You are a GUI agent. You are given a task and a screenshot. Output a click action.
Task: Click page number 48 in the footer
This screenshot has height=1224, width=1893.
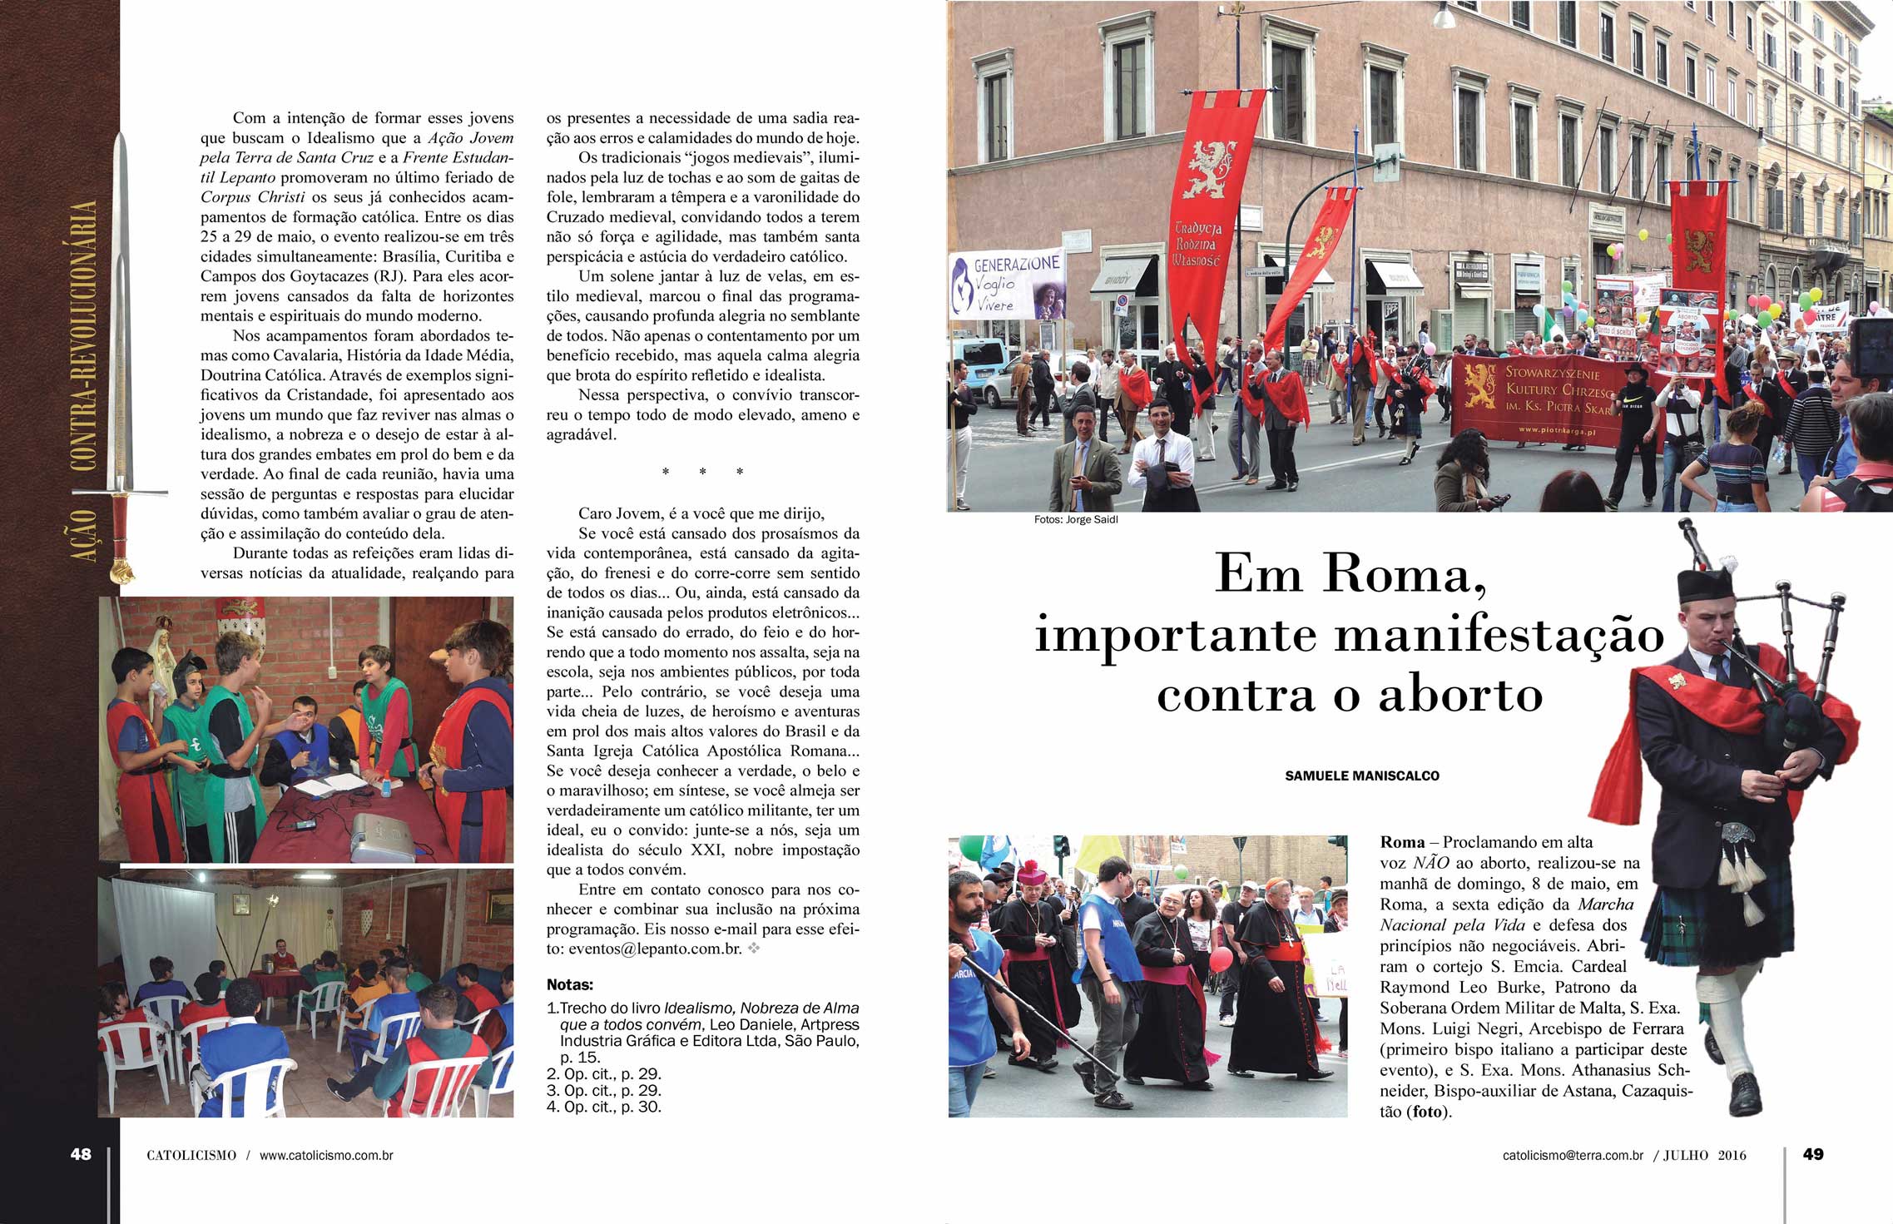(x=81, y=1154)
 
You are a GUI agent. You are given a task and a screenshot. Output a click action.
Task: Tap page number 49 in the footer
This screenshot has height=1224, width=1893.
(x=1812, y=1154)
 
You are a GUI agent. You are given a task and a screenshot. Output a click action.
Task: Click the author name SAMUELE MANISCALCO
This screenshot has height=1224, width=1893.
(x=1362, y=776)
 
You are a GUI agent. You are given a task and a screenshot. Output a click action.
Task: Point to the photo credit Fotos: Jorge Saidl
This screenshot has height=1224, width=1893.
(x=1076, y=519)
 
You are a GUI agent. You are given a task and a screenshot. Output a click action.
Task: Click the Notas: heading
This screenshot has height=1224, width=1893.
(x=569, y=984)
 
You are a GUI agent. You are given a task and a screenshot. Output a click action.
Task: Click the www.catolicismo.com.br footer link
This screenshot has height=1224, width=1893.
(x=326, y=1155)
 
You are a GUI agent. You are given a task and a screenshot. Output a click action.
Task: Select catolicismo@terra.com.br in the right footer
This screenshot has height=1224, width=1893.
(x=1573, y=1155)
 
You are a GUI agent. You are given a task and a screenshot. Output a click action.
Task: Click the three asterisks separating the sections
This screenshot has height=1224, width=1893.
(x=702, y=473)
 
